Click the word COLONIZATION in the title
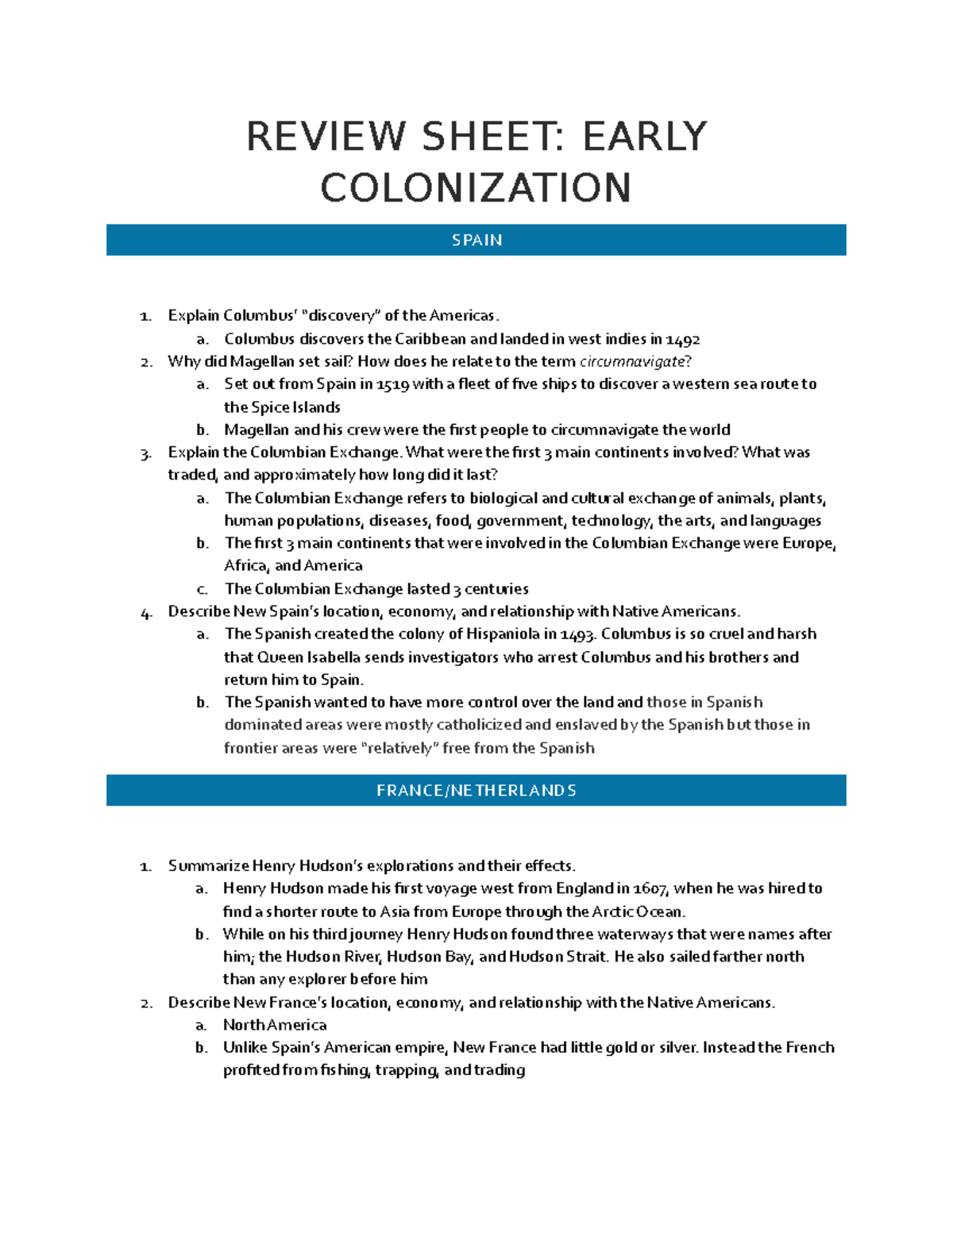coord(476,188)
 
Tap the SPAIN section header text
coord(476,240)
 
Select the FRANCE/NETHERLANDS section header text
coord(476,791)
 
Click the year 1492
coord(683,340)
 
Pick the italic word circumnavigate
coord(631,362)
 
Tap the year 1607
coord(649,888)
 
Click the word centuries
coord(496,589)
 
